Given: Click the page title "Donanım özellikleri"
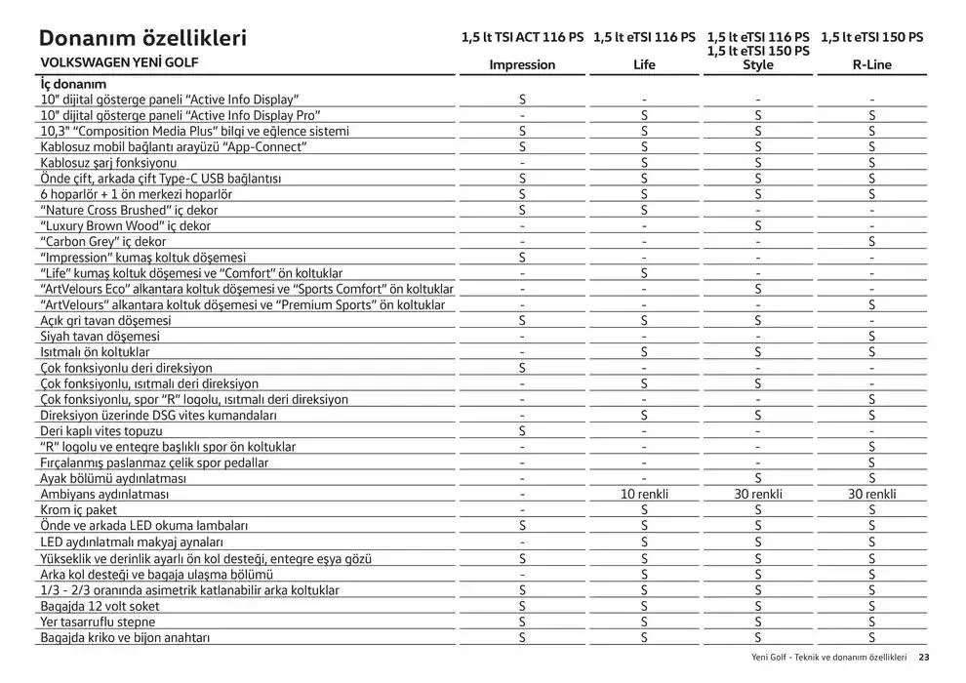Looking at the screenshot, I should point(141,38).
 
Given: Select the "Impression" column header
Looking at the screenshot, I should point(522,65).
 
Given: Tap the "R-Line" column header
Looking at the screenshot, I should point(872,65).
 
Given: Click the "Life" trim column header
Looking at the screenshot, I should point(644,65).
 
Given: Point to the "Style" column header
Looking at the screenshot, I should point(758,65).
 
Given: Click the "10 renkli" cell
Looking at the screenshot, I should point(644,495).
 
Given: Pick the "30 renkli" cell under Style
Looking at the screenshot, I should point(758,495).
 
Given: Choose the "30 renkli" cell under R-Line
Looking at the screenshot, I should point(872,495).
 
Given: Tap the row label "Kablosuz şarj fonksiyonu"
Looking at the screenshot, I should point(108,162).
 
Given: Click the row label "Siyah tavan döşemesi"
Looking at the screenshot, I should point(96,336).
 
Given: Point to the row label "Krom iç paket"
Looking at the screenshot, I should point(78,510).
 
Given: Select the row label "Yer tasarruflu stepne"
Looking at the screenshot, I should point(98,622).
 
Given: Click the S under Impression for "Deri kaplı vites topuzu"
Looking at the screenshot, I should point(522,430).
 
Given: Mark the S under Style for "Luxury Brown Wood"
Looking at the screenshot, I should point(758,225).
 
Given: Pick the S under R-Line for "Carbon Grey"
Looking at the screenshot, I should point(872,241).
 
